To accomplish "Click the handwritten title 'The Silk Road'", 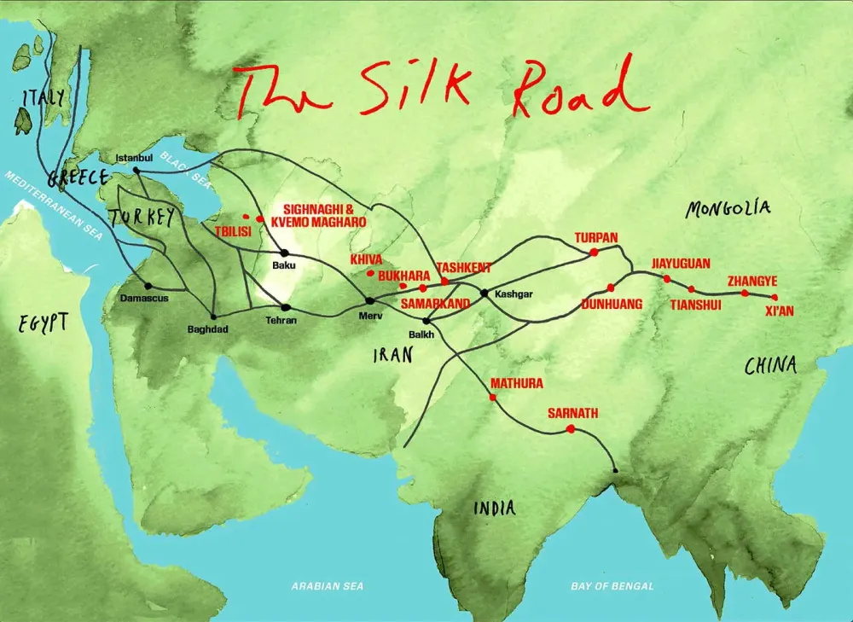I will click(x=439, y=90).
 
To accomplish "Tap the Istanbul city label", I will click(x=134, y=158).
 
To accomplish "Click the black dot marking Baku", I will click(x=285, y=253).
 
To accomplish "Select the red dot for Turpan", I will click(x=593, y=252).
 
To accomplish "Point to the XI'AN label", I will click(x=779, y=311).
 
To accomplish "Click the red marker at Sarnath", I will click(x=570, y=429).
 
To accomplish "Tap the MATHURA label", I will click(x=517, y=384).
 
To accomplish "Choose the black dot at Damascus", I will click(x=148, y=286).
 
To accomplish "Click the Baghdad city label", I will click(x=208, y=329).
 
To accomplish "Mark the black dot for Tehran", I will click(x=286, y=307).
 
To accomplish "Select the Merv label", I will click(x=369, y=315).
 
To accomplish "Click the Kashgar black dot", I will click(x=485, y=294).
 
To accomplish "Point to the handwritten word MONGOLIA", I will click(x=728, y=207).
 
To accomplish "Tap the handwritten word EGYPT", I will click(x=43, y=322).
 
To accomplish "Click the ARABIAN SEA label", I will click(x=328, y=586).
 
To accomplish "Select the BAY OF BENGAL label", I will click(x=612, y=586).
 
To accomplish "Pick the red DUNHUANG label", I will click(x=611, y=303).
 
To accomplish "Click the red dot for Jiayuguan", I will click(x=666, y=279).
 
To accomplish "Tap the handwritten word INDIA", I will click(x=495, y=509).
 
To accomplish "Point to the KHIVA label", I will click(x=366, y=259).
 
